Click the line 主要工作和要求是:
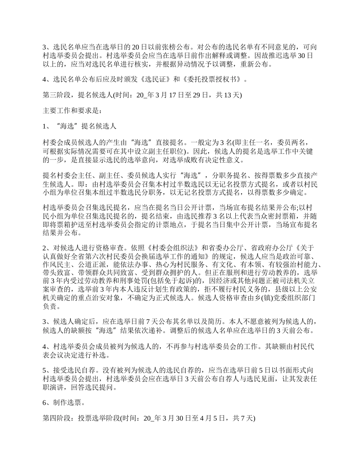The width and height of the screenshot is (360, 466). (x=72, y=111)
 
